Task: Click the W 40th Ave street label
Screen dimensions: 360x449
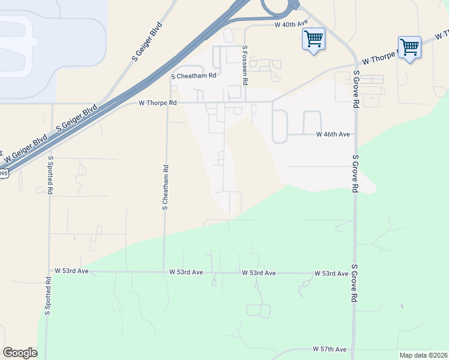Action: pos(291,24)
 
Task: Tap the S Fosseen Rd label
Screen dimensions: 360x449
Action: pos(245,65)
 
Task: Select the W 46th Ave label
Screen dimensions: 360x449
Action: pos(333,135)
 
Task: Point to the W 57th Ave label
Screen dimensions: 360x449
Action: pos(330,349)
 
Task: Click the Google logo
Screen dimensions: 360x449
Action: pos(20,353)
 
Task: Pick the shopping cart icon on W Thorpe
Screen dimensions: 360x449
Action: pos(409,47)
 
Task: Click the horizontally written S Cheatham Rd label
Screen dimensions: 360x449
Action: pos(193,76)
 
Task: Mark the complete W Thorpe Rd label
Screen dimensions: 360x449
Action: pos(158,103)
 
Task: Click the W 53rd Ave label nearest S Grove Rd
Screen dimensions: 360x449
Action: pos(331,274)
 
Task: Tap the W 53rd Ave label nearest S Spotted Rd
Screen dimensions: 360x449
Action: pos(71,271)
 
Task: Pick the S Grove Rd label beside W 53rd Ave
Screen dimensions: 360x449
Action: pos(355,283)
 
